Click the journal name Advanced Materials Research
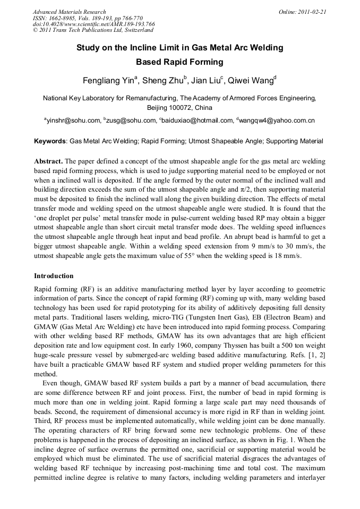pyautogui.click(x=69, y=12)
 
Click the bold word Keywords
pyautogui.click(x=50, y=142)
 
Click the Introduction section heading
pyautogui.click(x=54, y=276)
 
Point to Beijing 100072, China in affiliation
pyautogui.click(x=179, y=107)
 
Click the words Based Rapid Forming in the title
pyautogui.click(x=179, y=62)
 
